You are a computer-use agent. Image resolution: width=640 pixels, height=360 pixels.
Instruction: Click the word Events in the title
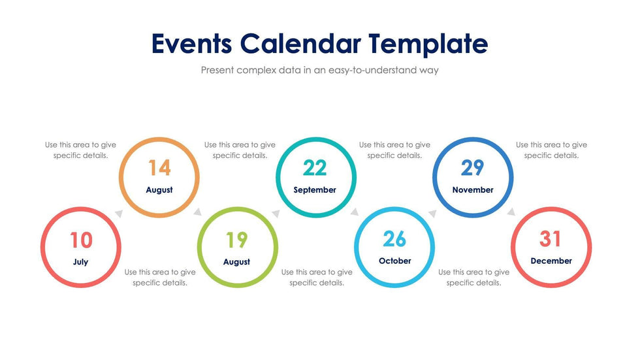point(192,43)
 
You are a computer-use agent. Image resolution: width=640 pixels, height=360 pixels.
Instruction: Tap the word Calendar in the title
point(300,43)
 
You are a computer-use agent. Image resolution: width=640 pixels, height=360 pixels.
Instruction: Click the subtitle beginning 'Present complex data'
point(319,70)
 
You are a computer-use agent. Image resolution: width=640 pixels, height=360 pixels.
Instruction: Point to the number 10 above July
point(81,240)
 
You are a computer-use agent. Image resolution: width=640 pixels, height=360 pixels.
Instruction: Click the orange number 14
point(159,168)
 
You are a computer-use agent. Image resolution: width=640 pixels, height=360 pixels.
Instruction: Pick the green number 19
point(236,240)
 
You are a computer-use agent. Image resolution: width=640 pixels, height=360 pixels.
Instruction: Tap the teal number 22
point(315,168)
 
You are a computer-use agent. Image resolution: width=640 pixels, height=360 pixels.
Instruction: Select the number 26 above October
point(394,239)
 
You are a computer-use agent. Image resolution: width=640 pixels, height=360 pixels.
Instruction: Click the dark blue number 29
point(472,168)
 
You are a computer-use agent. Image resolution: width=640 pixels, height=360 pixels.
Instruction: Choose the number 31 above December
point(550,239)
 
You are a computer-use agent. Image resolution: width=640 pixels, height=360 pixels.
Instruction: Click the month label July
point(81,262)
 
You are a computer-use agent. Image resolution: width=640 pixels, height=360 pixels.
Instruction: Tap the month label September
point(315,189)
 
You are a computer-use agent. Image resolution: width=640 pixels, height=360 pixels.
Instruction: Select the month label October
point(394,261)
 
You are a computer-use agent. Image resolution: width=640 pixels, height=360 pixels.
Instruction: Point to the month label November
point(473,189)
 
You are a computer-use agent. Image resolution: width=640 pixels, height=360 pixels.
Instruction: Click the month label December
point(551,261)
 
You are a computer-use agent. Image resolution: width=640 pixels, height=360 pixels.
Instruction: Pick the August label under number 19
point(236,262)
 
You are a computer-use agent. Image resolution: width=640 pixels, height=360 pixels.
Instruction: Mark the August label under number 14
point(159,189)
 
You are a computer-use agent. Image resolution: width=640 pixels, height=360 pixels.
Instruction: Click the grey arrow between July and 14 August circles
point(119,214)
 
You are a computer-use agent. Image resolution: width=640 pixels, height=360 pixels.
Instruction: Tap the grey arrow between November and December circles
point(511,212)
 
